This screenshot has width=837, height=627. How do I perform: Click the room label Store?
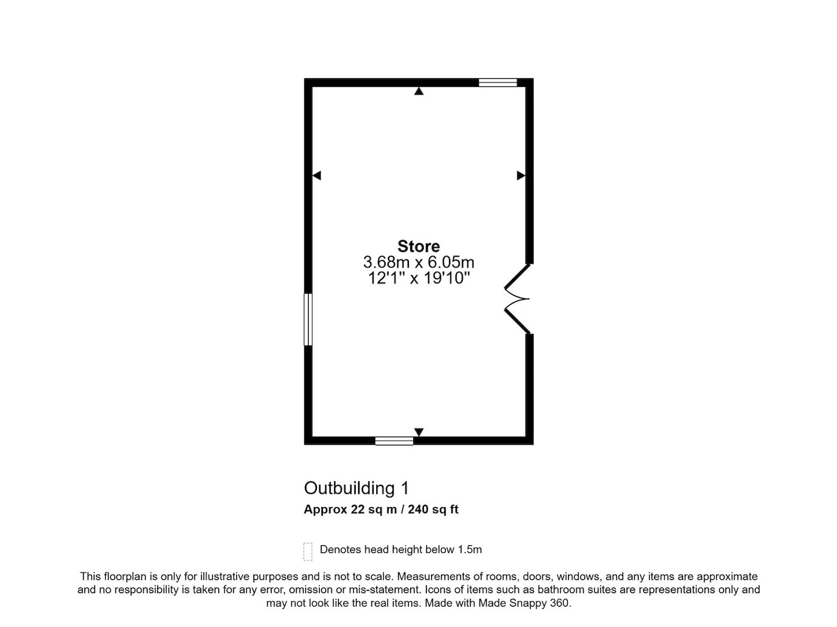pos(418,246)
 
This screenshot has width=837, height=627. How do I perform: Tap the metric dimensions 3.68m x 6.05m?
pos(418,262)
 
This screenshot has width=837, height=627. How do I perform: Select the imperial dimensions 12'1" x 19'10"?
pos(418,278)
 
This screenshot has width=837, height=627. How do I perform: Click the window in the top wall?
pos(497,82)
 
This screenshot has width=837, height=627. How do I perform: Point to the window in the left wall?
pos(308,319)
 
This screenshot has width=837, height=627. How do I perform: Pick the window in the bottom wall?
pos(394,441)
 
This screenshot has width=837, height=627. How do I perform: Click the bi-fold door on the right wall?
pos(518,299)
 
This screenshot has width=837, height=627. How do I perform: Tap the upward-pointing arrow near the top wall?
pos(418,91)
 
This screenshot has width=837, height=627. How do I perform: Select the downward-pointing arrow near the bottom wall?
pos(418,432)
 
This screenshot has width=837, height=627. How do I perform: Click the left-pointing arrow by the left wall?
pos(316,176)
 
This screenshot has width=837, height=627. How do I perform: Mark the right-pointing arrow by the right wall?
pos(521,176)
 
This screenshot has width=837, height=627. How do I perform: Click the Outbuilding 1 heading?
pos(356,488)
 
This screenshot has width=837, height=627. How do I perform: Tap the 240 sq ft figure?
pos(433,509)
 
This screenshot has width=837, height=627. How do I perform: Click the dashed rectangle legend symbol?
pos(308,552)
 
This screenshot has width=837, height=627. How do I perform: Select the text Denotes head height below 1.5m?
pos(401,549)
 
